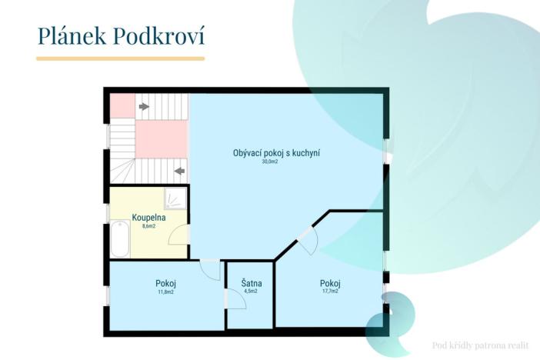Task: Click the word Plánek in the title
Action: (73, 35)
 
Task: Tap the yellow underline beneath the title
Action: (121, 58)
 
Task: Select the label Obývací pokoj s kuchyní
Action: (276, 153)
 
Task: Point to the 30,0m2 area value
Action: (269, 162)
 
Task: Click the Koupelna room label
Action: (148, 218)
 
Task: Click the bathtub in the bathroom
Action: (120, 239)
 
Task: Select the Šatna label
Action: (251, 283)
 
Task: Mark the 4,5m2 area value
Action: (250, 292)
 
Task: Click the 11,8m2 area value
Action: (165, 292)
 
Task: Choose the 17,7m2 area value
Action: (330, 292)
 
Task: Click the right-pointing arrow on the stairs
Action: (144, 106)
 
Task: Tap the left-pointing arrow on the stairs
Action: (180, 170)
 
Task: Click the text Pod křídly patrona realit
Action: (481, 345)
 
